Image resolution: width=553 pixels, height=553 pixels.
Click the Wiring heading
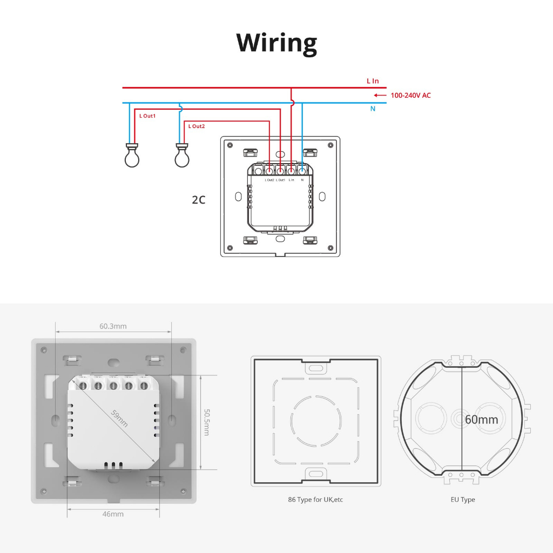coord(276,43)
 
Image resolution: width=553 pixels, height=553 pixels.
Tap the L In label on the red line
coord(373,81)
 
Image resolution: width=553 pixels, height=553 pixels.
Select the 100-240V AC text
coord(410,96)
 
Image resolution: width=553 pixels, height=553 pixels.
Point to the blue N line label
coord(373,109)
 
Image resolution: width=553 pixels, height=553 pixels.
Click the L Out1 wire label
coord(147,116)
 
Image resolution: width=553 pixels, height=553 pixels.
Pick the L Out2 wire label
coord(197,126)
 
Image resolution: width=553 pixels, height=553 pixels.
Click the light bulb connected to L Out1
coord(132,156)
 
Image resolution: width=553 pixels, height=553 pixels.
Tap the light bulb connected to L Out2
coord(182,156)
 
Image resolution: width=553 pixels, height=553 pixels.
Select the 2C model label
coord(199,200)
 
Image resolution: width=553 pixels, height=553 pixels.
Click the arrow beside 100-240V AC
coord(380,96)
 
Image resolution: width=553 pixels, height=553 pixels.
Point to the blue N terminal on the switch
coord(302,171)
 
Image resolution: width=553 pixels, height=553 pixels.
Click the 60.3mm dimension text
coord(113,326)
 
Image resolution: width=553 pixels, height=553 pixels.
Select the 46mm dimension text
coord(113,514)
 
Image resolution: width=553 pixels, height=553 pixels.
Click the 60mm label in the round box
coord(481,420)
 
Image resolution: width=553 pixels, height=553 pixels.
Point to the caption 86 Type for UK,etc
coord(315,500)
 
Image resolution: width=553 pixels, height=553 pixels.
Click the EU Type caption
coord(463,500)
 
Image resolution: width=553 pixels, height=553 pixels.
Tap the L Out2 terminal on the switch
coord(269,171)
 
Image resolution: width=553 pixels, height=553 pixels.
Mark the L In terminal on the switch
coord(291,171)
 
